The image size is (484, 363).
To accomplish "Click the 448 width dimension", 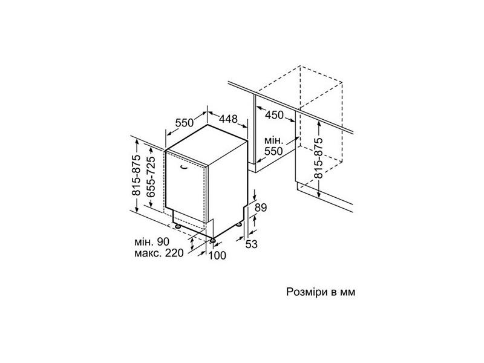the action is click(229, 119).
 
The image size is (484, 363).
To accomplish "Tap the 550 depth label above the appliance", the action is click(184, 123).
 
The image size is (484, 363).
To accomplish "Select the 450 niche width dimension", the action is click(274, 115).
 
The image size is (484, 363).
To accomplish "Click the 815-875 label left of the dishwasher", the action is click(136, 175).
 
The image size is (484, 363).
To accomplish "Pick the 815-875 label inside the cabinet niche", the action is click(318, 158).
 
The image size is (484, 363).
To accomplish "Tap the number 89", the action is click(261, 208).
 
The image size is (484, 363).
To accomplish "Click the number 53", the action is click(252, 244).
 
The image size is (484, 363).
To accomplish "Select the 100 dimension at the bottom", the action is click(217, 255).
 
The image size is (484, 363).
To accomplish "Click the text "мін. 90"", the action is click(152, 241).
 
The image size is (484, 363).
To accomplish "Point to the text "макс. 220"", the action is click(159, 253).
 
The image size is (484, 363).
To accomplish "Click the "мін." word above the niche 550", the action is click(274, 141).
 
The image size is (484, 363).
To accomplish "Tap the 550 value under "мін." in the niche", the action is click(273, 151).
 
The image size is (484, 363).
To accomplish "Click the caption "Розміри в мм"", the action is click(321, 292).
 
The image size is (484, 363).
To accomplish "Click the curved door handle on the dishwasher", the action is click(184, 168).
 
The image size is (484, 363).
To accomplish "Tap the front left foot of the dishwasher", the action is click(177, 226).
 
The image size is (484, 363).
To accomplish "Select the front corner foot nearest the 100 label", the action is click(213, 240).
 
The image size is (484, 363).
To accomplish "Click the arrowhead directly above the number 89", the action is click(255, 198).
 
